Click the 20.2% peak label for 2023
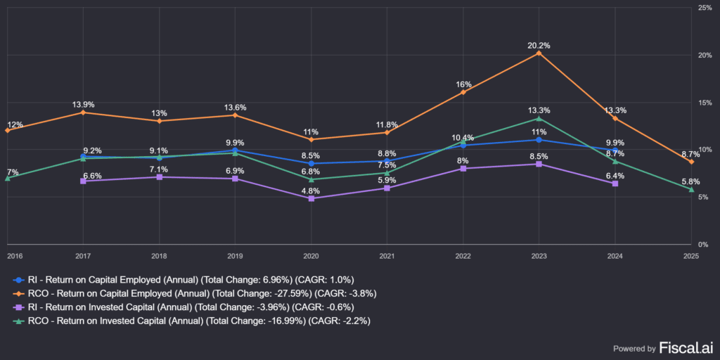539,46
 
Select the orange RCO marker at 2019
235,115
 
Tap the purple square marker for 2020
311,198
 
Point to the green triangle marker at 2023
539,118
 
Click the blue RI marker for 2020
311,163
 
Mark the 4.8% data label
311,191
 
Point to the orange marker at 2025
690,162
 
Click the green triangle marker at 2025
690,189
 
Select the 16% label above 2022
463,84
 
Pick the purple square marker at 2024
615,184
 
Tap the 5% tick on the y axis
703,198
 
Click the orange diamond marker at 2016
7,130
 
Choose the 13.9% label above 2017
83,105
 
